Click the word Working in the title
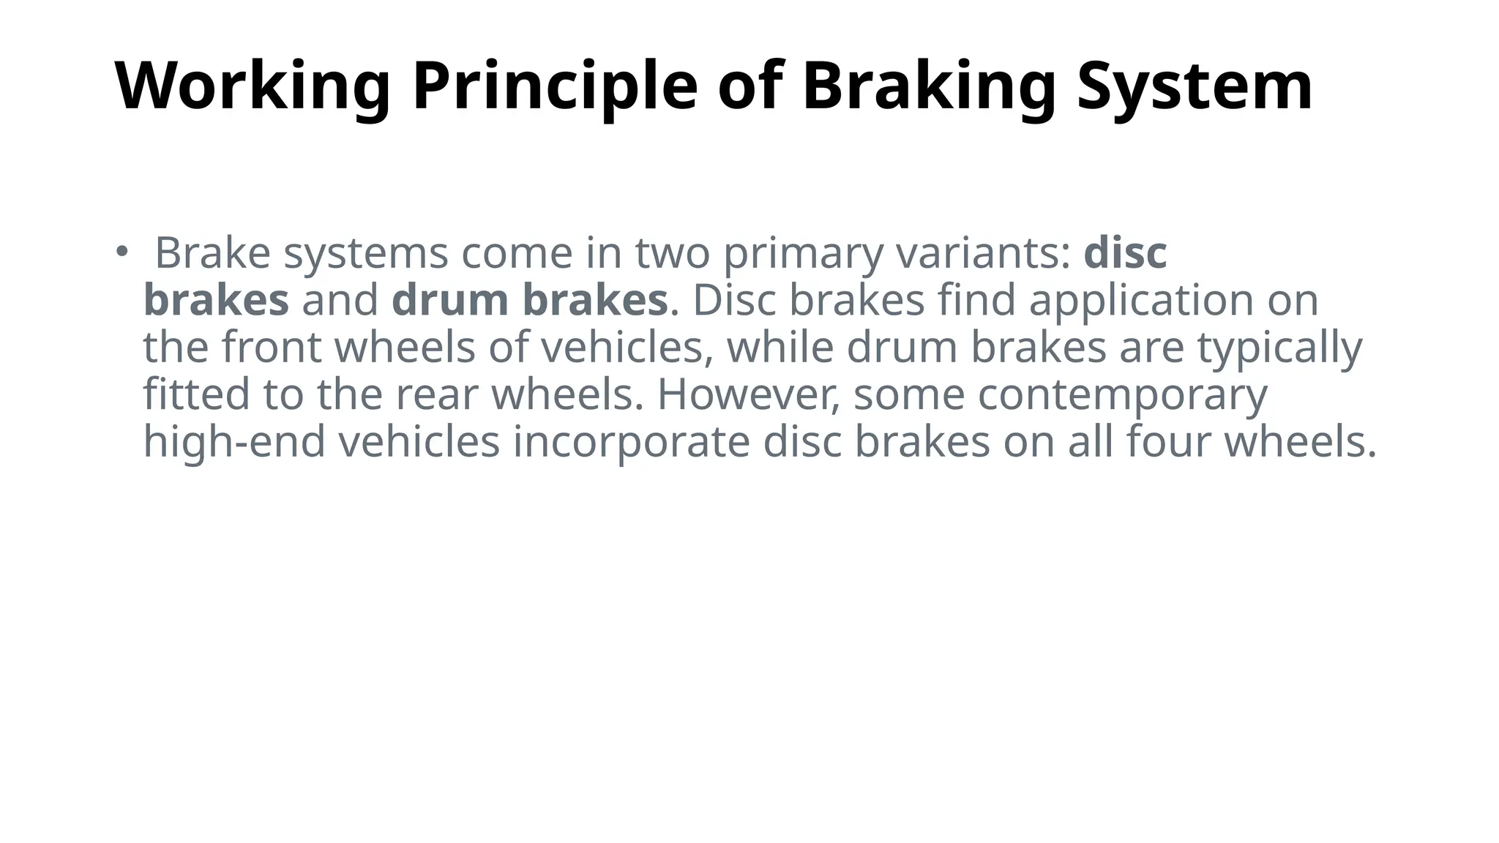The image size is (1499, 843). click(x=252, y=87)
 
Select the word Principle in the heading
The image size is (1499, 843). click(x=554, y=87)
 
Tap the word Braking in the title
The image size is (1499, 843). click(x=929, y=87)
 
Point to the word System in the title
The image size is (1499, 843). click(x=1195, y=87)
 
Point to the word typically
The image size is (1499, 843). click(x=1279, y=348)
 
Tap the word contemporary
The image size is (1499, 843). click(x=1122, y=396)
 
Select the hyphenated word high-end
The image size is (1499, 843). click(x=234, y=442)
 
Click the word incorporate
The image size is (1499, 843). click(x=631, y=443)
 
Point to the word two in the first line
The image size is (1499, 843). click(x=672, y=254)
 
